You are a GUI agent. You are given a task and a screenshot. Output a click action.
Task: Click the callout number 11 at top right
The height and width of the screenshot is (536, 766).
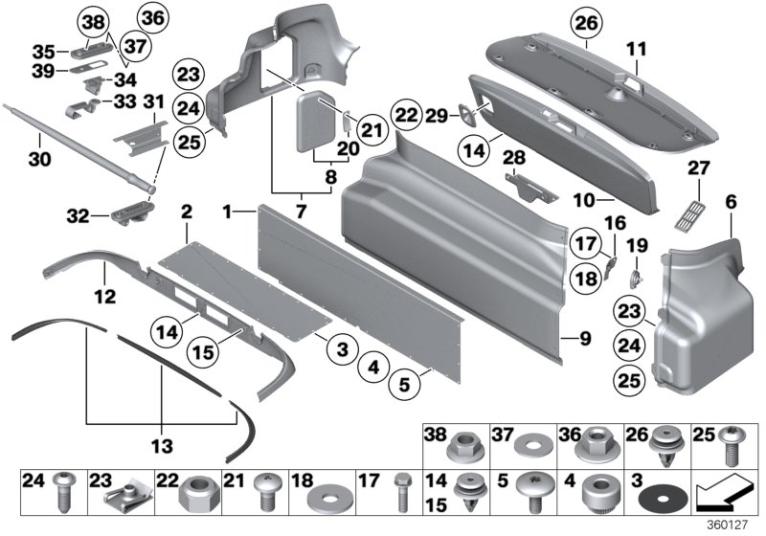(637, 46)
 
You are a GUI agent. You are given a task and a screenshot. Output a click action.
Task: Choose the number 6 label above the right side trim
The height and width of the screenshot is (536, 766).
(732, 202)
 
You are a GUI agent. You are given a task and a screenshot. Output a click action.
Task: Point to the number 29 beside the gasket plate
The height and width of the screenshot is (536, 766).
(438, 115)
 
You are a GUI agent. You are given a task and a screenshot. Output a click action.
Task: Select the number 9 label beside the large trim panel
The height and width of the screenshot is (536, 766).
(574, 338)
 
